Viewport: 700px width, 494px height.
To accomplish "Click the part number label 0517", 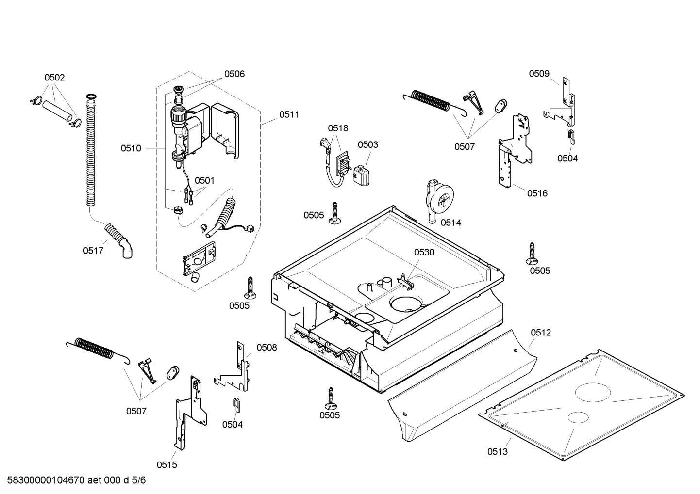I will (x=93, y=251).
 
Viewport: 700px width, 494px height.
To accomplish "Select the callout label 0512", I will (x=540, y=333).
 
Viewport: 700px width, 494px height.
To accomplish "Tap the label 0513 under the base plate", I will (x=498, y=452).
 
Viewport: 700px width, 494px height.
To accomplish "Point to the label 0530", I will (x=424, y=252).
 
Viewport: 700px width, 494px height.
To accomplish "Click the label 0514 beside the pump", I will (x=451, y=223).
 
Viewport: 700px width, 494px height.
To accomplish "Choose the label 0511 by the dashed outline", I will (x=289, y=115).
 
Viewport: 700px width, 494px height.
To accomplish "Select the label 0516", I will (x=537, y=193).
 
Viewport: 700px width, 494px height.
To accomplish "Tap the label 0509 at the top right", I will (x=539, y=74).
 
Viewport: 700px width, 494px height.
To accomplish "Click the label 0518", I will (x=338, y=128).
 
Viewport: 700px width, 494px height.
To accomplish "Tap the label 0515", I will (x=167, y=465).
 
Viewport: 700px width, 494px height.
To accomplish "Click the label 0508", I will (x=267, y=348).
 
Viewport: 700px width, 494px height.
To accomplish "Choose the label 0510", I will (x=131, y=148).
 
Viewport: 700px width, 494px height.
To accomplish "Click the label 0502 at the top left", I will (x=54, y=78).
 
